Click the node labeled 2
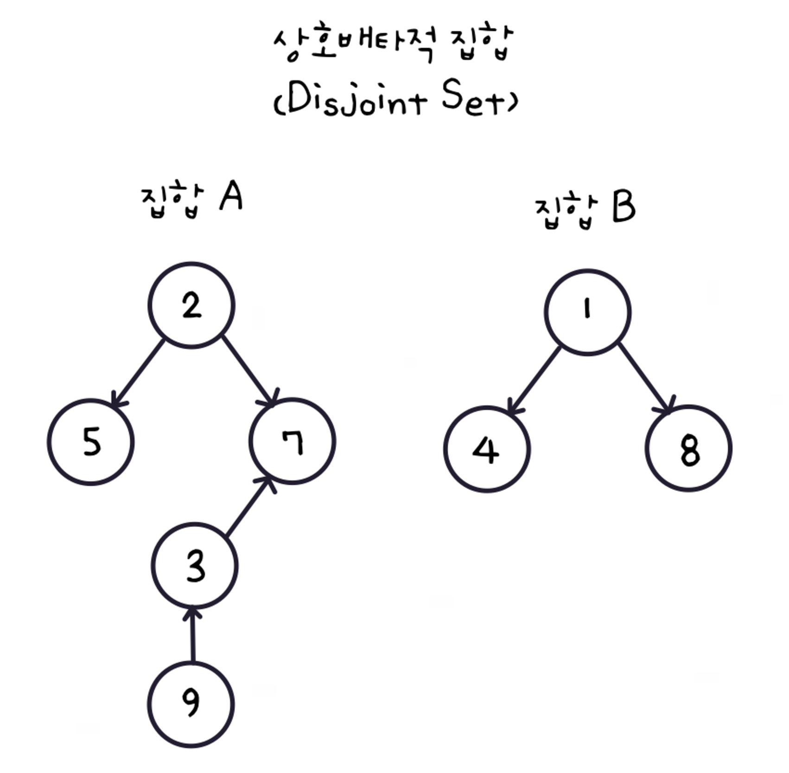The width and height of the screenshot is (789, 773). (x=191, y=305)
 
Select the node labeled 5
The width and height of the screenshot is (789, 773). (x=91, y=442)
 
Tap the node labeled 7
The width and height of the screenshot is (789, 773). (x=292, y=441)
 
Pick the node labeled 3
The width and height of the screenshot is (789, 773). (x=195, y=566)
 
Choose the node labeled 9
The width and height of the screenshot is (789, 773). (x=191, y=704)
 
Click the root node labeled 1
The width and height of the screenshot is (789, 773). (x=587, y=312)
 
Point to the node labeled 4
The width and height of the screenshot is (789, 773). (x=487, y=449)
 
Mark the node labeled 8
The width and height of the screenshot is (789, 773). (x=688, y=448)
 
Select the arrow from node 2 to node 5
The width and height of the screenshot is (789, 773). (x=139, y=373)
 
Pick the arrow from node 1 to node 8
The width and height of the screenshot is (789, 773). (x=644, y=377)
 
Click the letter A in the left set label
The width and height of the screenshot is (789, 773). (x=231, y=196)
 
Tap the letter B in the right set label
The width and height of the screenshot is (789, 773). (x=624, y=208)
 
